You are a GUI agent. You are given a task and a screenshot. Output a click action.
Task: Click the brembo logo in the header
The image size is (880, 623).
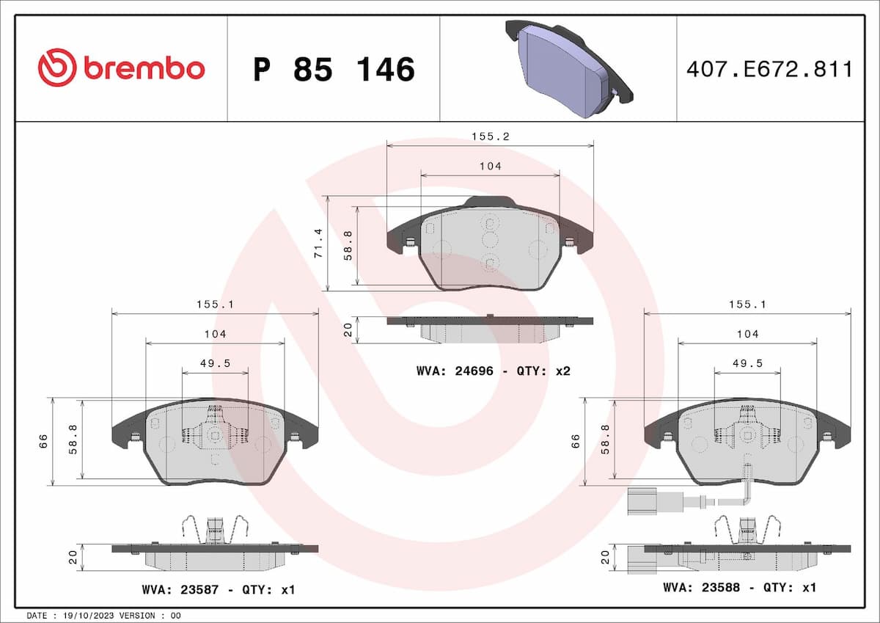(x=121, y=68)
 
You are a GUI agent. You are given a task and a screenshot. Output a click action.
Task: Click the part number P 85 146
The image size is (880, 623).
(x=334, y=69)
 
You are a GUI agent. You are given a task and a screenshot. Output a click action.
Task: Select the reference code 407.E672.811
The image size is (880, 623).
(x=769, y=70)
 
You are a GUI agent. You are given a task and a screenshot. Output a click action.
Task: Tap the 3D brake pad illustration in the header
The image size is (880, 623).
(x=568, y=68)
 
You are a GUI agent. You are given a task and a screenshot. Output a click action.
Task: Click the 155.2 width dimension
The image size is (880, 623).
(x=490, y=136)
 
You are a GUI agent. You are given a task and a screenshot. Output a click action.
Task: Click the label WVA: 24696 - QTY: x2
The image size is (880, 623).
(x=493, y=371)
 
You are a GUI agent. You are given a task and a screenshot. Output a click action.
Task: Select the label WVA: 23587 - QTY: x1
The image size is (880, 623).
(x=217, y=589)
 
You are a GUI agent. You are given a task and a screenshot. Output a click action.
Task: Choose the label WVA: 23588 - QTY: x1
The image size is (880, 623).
(x=739, y=587)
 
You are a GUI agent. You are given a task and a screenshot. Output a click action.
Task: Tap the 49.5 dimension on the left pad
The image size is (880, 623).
(x=215, y=362)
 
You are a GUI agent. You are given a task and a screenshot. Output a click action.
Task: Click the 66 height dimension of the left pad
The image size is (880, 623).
(x=43, y=441)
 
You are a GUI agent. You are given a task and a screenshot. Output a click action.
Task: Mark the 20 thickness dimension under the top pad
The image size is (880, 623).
(x=348, y=330)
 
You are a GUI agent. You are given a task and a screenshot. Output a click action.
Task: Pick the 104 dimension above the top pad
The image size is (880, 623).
(x=490, y=167)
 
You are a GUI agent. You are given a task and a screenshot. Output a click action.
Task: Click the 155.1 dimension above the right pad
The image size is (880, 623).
(x=747, y=304)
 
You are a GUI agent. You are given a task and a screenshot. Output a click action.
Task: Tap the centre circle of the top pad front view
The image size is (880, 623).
(x=490, y=239)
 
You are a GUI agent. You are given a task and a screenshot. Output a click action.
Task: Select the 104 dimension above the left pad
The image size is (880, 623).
(x=215, y=334)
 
